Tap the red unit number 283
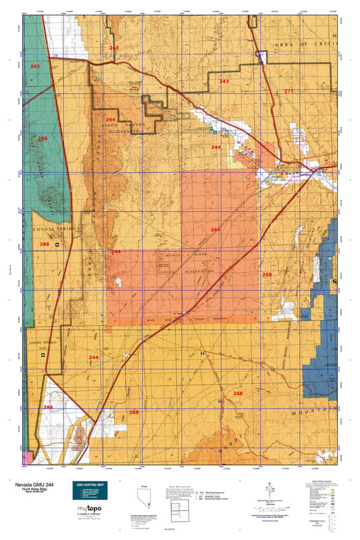pos(35,67)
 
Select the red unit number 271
pos(289,90)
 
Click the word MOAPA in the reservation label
pos(165,257)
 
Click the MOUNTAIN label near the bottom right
pos(317,410)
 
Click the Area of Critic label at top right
pos(303,43)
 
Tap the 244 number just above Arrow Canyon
pos(111,119)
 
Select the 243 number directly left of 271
pos(224,81)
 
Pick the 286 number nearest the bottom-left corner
pos(48,408)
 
